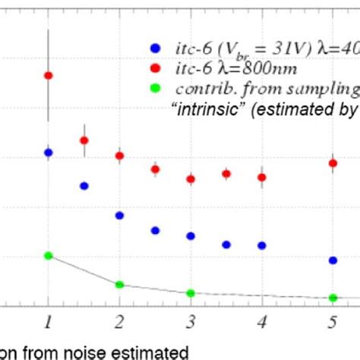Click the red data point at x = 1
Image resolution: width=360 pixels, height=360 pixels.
point(49,75)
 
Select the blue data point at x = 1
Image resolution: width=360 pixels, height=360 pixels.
point(49,153)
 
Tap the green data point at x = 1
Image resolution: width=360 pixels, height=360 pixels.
point(49,255)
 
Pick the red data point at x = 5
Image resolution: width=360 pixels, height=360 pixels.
point(333,163)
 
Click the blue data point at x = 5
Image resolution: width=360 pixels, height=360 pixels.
point(333,261)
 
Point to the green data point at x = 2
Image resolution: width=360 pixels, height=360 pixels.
point(119,284)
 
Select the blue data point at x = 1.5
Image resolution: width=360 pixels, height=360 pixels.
point(84,185)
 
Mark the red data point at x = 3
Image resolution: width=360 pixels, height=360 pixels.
point(191,179)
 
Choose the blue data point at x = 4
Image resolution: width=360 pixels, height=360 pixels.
point(261,245)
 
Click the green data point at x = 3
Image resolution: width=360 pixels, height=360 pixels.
point(191,293)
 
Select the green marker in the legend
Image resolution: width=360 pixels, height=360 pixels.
point(155,87)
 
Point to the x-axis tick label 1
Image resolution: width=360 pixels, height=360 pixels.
point(49,321)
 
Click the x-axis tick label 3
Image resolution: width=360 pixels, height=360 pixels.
point(191,321)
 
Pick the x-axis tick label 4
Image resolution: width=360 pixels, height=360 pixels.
point(261,321)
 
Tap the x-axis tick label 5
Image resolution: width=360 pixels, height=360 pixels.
point(333,321)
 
